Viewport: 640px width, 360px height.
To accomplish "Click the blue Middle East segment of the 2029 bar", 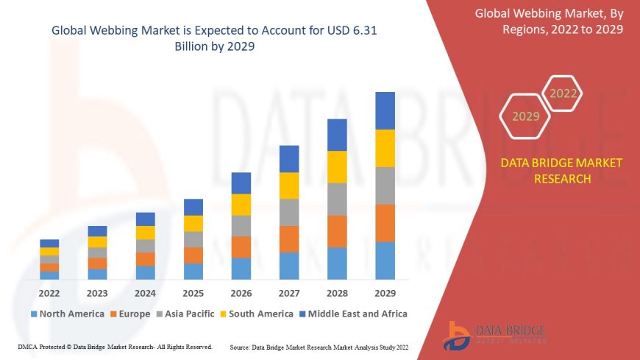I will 385,110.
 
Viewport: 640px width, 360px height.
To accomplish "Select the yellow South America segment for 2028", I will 337,166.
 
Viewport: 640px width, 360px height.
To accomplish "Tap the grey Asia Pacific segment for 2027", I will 289,212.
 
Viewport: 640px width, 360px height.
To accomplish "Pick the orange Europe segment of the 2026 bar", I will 241,247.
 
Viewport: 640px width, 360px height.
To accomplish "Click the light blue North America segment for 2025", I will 193,271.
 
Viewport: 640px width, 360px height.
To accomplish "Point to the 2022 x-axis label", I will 49,292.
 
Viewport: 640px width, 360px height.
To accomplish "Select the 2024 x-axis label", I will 145,292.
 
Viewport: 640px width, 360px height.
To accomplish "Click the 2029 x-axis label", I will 385,292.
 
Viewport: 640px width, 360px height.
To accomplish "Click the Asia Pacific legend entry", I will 187,314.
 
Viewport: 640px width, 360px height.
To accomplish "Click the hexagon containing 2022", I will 563,93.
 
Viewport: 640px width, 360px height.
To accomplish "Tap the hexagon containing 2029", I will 525,116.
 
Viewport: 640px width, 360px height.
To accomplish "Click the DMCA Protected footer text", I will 115,346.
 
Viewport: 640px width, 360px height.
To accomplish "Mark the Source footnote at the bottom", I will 319,346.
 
